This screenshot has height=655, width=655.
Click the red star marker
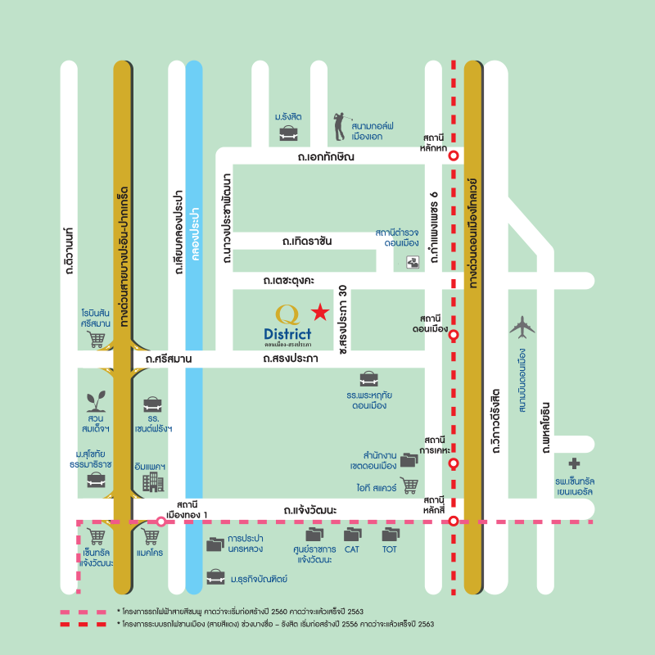[x=320, y=312]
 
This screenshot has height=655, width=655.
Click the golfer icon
[x=340, y=127]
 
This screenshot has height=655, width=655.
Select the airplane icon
[x=521, y=327]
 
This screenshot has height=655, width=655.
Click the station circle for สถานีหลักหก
[x=453, y=156]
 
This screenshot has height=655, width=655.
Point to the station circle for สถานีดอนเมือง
[x=453, y=335]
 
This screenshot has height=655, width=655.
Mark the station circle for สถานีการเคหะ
[x=453, y=463]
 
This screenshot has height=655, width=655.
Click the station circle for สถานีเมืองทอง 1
[x=161, y=522]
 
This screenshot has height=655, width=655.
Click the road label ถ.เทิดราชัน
[x=307, y=242]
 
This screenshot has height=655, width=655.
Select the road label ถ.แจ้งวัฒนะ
[x=310, y=510]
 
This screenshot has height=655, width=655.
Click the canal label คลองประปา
[x=194, y=233]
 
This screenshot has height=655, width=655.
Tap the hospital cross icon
[x=575, y=463]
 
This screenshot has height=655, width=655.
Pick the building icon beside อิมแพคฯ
[x=153, y=482]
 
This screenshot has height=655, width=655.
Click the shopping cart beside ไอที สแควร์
[x=409, y=486]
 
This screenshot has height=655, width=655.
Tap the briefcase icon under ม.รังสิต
[x=287, y=132]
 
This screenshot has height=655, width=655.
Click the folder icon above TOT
[x=391, y=535]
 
